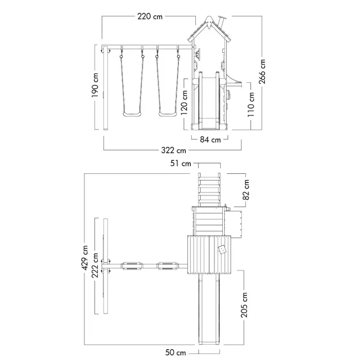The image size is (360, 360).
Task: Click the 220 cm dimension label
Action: tap(150, 16)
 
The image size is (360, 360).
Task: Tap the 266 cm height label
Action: tap(262, 71)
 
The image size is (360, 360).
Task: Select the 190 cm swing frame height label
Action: tap(95, 85)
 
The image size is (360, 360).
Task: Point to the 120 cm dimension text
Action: tap(184, 103)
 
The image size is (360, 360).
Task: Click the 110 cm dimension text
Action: tap(251, 104)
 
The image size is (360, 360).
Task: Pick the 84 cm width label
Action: tap(210, 139)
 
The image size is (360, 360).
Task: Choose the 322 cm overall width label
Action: tap(174, 150)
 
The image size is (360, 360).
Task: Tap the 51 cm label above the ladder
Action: tap(181, 164)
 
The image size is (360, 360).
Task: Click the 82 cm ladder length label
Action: tap(246, 190)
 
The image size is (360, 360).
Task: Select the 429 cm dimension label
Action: tap(85, 258)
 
